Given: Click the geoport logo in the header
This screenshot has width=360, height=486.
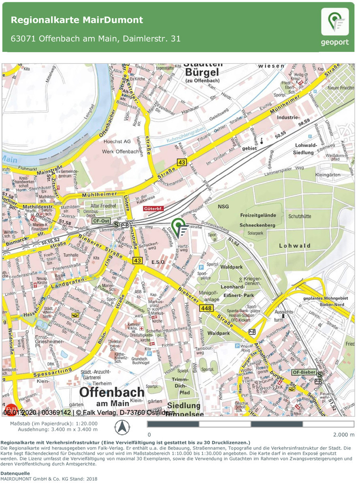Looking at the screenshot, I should click(x=334, y=27).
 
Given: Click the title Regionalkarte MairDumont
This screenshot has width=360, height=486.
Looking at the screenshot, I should click(x=77, y=20).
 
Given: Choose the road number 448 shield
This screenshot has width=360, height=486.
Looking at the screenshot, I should click(x=206, y=309).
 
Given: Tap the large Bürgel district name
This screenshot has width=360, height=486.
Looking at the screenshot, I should click(x=202, y=72).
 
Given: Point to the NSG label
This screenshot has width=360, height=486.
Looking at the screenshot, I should click(x=223, y=207).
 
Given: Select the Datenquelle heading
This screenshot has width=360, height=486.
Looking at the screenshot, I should click(x=15, y=473).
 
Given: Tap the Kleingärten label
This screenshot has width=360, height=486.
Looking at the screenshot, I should click(x=329, y=175).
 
